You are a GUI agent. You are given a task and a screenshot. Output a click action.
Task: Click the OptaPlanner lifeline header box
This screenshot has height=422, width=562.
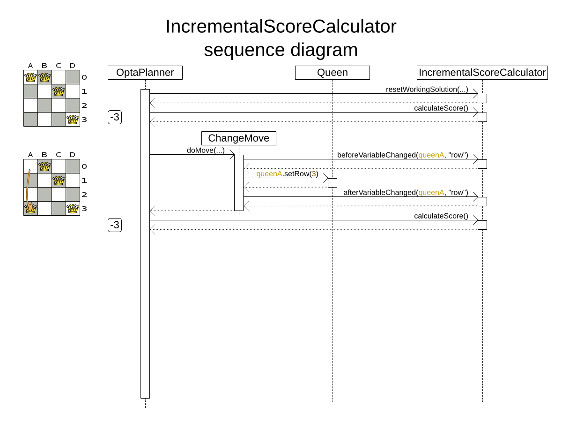tap(145, 73)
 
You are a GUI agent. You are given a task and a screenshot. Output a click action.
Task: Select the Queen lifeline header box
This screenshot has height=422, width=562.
tap(333, 73)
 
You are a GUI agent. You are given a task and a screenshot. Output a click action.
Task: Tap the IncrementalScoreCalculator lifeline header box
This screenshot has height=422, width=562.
tap(482, 73)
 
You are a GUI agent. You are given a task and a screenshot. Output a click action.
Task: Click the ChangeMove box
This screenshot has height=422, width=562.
tap(239, 138)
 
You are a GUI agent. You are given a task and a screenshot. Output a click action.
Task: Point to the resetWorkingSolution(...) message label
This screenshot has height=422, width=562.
tap(427, 89)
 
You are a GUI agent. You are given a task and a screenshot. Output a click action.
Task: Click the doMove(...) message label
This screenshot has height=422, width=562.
tap(206, 151)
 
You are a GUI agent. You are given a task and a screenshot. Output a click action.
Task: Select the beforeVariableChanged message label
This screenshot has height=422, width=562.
tap(402, 155)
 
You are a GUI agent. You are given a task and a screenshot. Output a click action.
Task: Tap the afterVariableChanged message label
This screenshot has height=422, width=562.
tap(406, 192)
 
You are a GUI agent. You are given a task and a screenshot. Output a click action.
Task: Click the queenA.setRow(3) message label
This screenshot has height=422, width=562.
tap(287, 174)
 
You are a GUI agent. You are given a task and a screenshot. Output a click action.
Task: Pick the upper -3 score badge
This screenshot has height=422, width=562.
tap(115, 117)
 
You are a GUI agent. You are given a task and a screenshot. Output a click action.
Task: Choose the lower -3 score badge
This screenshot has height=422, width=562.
tap(115, 225)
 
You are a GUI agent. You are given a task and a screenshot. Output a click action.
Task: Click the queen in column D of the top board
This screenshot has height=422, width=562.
tap(73, 120)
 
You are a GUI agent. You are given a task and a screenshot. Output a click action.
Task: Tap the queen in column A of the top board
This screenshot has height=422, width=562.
tap(30, 77)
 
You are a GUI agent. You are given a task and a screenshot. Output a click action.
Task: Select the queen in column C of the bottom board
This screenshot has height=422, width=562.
tap(59, 181)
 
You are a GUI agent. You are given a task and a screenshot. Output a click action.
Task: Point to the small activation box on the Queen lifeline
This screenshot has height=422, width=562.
tap(333, 183)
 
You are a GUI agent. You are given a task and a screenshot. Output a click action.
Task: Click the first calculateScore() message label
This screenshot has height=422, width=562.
tap(441, 108)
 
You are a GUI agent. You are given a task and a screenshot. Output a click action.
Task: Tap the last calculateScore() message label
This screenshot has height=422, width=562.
tap(441, 216)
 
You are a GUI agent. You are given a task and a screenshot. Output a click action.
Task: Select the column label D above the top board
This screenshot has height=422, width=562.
tap(73, 65)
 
